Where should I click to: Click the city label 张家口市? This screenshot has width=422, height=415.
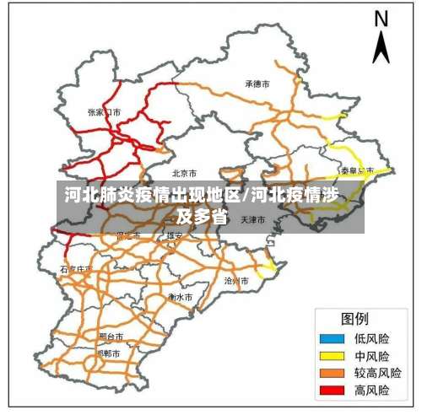(x=105, y=111)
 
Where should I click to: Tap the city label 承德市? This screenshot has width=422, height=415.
(x=257, y=84)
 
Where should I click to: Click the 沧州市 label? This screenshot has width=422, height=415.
(x=236, y=279)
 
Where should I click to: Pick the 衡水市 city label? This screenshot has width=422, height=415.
(x=180, y=297)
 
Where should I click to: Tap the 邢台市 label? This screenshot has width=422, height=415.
(x=111, y=336)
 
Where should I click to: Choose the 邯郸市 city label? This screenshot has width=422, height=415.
(x=109, y=353)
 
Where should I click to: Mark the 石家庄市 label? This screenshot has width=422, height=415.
(x=74, y=270)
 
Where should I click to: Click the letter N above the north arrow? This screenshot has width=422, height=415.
(x=381, y=19)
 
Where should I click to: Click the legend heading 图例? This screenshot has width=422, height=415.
(x=354, y=319)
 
